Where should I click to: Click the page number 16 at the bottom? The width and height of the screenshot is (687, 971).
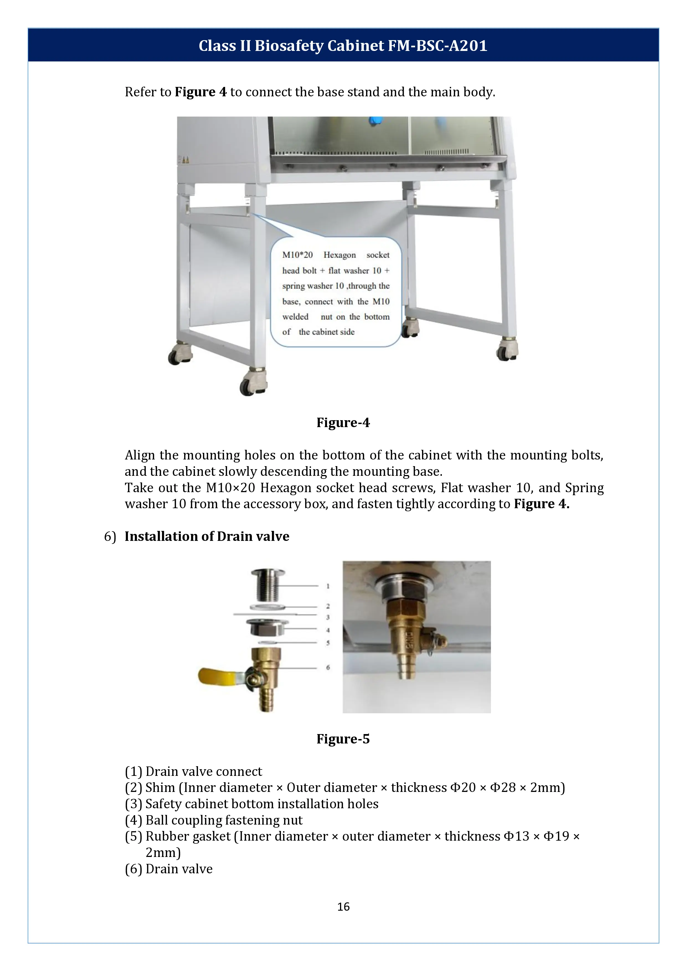coord(343,906)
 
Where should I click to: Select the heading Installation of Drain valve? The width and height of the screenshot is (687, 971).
coord(207,536)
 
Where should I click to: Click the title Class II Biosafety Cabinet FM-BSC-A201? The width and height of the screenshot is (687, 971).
coord(343,45)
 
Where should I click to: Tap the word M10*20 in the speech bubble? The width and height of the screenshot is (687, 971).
coord(297,255)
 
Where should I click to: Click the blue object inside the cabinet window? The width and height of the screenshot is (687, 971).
coord(374,121)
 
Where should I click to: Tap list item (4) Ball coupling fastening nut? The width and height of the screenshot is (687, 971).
coord(213,820)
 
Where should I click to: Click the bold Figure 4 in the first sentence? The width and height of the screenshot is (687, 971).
coord(200,92)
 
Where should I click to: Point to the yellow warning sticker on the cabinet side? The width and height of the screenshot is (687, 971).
coord(185,160)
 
